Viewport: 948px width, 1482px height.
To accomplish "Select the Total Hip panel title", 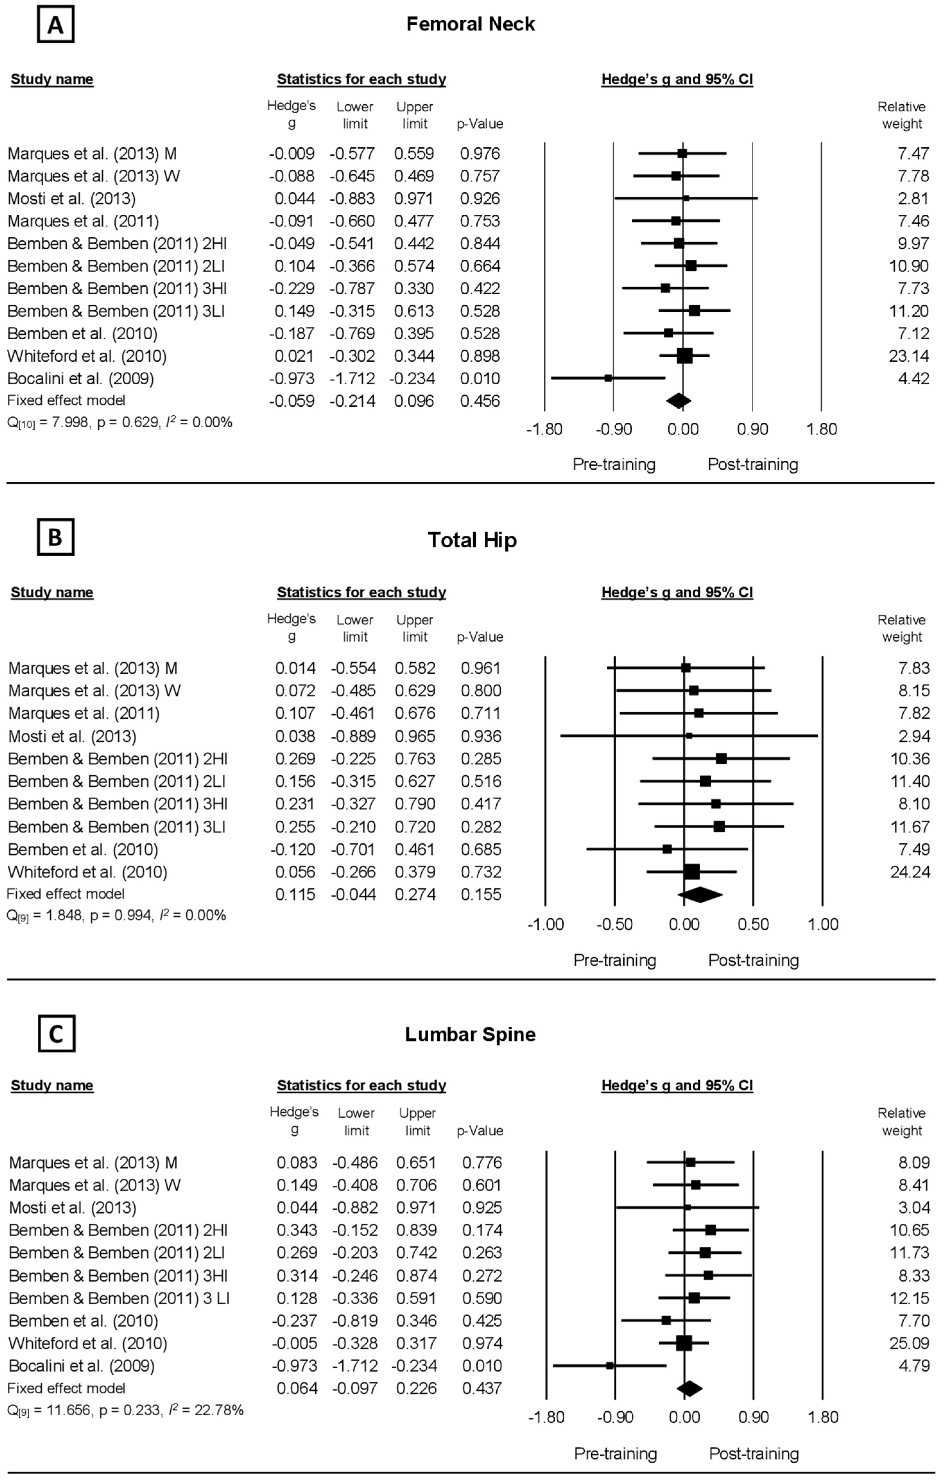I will point(472,540).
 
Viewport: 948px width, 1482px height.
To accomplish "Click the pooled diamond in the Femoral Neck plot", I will point(679,401).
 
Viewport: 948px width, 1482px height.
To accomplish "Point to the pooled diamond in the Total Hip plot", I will point(700,894).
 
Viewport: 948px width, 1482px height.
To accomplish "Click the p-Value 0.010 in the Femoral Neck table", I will point(480,378).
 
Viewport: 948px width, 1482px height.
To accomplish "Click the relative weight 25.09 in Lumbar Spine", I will point(909,1343).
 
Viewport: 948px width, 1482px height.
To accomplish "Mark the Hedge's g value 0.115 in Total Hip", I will point(295,894).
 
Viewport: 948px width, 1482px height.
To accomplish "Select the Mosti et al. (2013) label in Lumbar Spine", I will point(73,1207).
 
